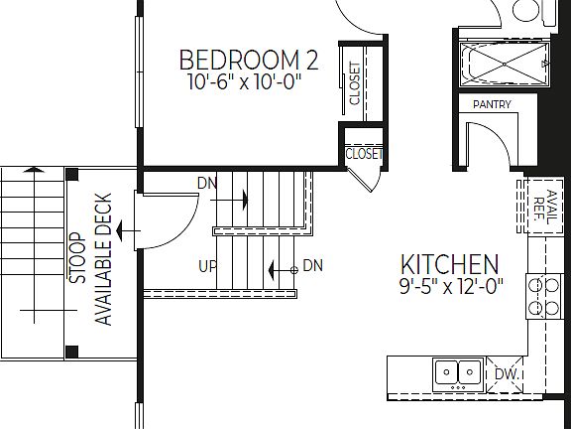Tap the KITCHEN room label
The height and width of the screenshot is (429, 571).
(x=449, y=265)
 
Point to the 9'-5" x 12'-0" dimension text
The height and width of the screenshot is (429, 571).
(x=451, y=288)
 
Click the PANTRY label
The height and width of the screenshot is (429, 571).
(x=492, y=104)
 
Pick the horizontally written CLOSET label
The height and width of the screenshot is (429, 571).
(x=363, y=154)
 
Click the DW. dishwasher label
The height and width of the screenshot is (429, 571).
(x=508, y=374)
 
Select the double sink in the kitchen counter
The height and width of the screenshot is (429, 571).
(x=457, y=373)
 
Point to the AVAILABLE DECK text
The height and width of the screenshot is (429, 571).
(x=101, y=258)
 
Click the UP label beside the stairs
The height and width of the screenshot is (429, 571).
(x=208, y=266)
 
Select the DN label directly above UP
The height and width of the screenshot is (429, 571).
(x=206, y=184)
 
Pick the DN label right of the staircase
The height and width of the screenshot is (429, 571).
(x=312, y=265)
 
